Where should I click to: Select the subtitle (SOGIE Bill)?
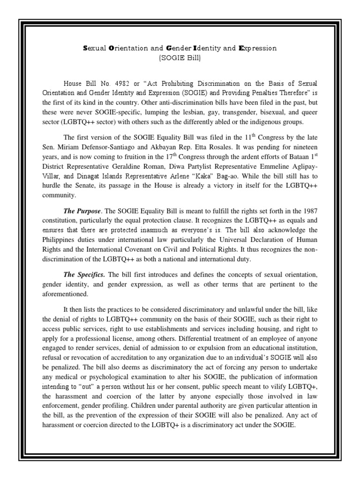180,58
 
